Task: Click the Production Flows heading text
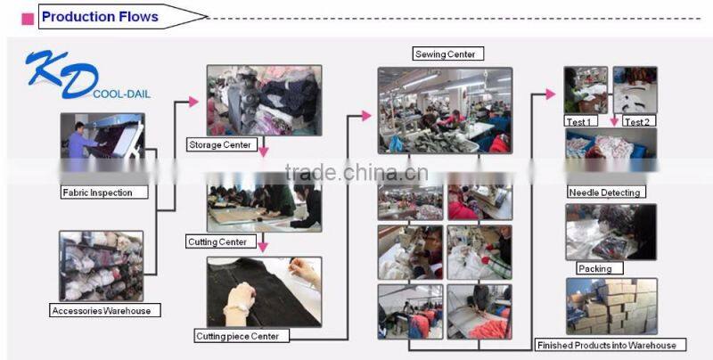100,16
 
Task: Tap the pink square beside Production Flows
28,17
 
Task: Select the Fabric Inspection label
97,192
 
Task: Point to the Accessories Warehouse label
100,311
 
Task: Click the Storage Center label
220,144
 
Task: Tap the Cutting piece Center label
237,336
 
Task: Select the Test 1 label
579,121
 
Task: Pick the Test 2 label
636,121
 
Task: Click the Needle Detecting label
604,192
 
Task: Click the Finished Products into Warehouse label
606,345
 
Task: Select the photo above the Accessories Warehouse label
102,266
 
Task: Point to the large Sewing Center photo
445,110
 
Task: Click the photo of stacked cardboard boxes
611,307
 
